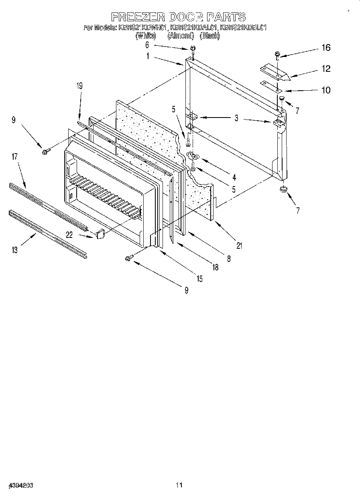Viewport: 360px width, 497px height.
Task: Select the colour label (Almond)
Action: pos(181,36)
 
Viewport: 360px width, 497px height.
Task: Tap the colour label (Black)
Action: pos(209,36)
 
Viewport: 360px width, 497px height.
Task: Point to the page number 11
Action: pos(179,485)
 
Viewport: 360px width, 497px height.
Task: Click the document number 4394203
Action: pos(20,485)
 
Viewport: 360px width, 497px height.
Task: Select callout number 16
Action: pos(325,48)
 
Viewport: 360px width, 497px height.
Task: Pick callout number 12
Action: pos(326,69)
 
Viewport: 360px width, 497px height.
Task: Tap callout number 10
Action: pos(326,90)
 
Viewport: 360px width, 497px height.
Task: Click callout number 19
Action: pos(79,85)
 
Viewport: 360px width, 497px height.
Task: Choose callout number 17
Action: pos(14,156)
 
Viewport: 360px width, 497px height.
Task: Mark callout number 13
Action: pos(15,250)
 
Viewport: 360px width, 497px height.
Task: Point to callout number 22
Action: pos(69,235)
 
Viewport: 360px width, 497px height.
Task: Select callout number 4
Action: pos(234,177)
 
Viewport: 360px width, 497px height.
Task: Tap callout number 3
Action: pos(237,118)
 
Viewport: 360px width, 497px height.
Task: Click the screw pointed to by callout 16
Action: pos(277,54)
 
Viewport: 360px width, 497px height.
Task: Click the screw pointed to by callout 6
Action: pos(193,49)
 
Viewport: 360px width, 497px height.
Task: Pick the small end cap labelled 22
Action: pos(100,233)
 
